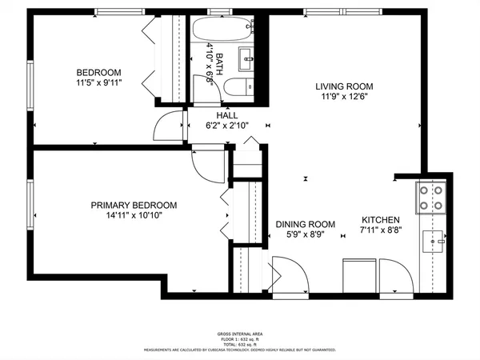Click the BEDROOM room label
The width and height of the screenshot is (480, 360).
click(99, 71)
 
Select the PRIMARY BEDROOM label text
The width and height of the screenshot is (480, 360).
click(134, 206)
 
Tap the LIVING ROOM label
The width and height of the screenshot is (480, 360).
click(344, 86)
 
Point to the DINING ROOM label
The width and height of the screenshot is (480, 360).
click(305, 224)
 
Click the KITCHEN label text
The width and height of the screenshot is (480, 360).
click(380, 221)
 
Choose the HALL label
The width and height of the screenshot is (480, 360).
click(226, 115)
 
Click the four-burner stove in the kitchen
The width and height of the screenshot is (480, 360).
click(430, 197)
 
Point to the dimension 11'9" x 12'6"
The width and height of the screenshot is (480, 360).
click(344, 98)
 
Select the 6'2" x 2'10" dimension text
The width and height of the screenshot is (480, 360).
click(226, 126)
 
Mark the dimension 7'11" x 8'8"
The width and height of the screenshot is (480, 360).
click(380, 231)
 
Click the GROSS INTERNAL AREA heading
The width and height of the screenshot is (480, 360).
click(239, 334)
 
